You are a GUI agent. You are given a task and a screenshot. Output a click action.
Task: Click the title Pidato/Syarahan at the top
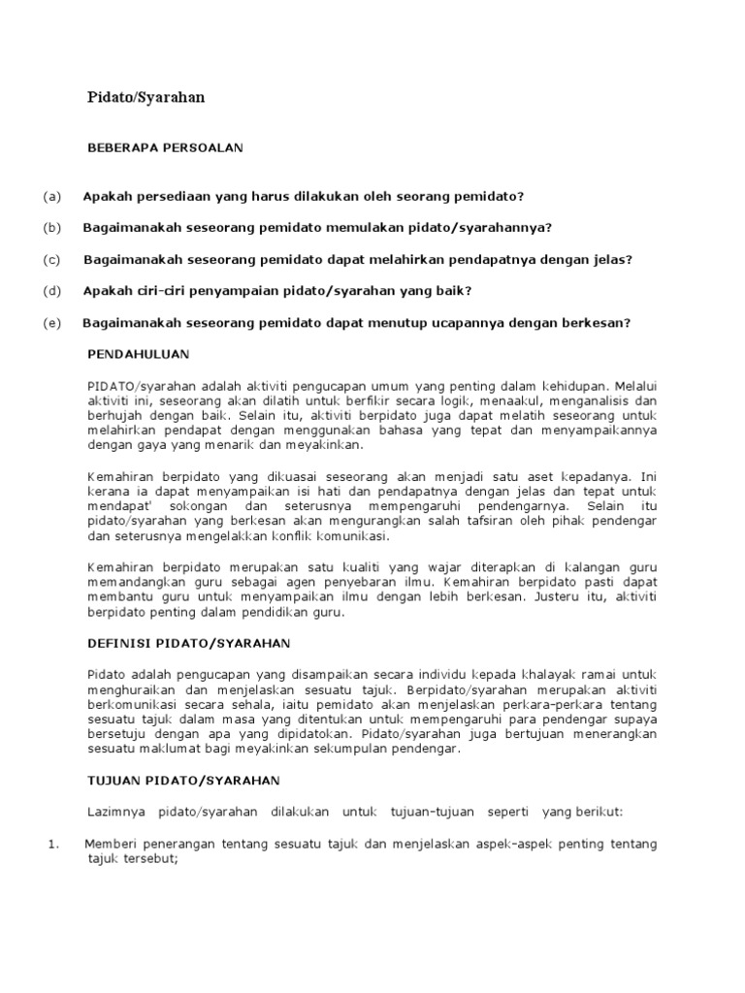point(146,98)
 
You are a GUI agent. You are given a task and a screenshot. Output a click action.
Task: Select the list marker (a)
point(51,196)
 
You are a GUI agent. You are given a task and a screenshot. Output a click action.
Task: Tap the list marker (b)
point(51,228)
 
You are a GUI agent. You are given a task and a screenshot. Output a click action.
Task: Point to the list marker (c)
point(51,260)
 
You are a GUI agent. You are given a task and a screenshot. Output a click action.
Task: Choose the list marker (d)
point(51,291)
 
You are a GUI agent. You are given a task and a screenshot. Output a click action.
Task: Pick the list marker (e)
point(51,323)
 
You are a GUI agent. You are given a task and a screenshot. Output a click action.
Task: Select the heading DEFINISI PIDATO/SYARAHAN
point(188,643)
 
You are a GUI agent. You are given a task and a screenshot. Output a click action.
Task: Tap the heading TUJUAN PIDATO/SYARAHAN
point(183,781)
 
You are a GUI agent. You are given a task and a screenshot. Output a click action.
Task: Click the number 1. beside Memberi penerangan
point(54,845)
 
